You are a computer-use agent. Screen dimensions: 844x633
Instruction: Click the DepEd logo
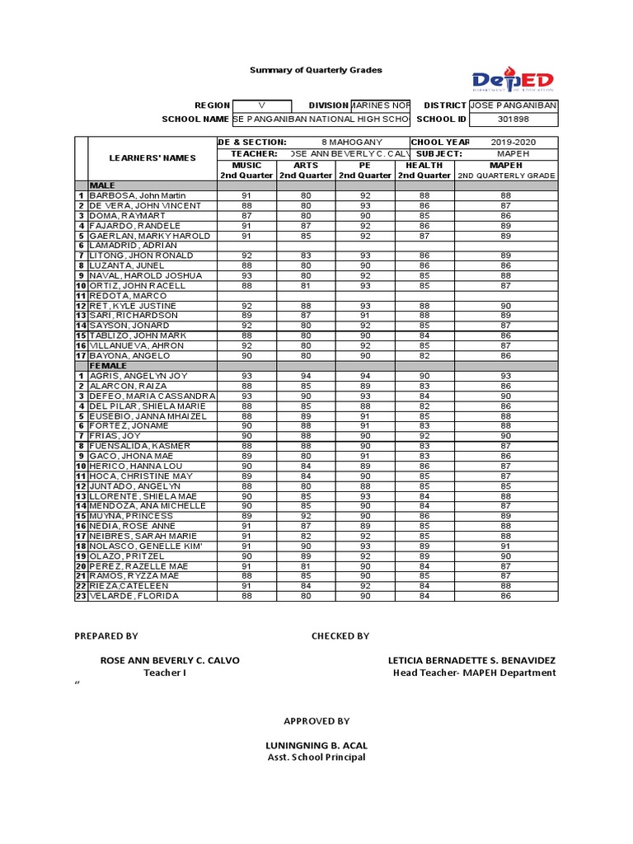tap(513, 80)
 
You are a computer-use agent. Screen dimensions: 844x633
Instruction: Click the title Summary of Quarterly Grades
tap(316, 70)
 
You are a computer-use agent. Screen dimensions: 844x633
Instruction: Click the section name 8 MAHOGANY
tap(348, 143)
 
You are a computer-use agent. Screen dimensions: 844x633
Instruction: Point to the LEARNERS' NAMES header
tap(152, 158)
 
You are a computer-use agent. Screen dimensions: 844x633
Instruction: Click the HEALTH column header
tap(424, 165)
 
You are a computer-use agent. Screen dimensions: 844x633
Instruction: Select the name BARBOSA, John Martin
tap(138, 195)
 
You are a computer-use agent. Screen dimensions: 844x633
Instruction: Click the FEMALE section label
tap(108, 366)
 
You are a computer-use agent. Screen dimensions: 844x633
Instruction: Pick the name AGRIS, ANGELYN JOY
tap(138, 376)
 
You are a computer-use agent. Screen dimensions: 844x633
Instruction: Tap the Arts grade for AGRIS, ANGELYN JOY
tap(306, 376)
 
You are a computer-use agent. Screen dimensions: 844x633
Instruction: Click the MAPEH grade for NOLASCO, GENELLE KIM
tap(505, 546)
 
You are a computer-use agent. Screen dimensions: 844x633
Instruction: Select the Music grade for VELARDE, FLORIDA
tap(246, 596)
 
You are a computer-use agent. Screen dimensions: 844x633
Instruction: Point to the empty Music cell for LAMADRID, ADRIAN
tap(246, 246)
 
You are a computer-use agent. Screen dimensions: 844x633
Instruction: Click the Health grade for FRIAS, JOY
tap(424, 436)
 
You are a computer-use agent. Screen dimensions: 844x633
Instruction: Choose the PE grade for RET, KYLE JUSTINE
tap(365, 306)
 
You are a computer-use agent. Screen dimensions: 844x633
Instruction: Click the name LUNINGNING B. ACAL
tap(316, 746)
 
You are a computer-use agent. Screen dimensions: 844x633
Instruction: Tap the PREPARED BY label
tap(106, 635)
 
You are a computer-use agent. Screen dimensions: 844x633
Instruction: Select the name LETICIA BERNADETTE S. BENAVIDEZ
tap(471, 661)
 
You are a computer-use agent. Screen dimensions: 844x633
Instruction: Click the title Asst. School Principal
tap(316, 757)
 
